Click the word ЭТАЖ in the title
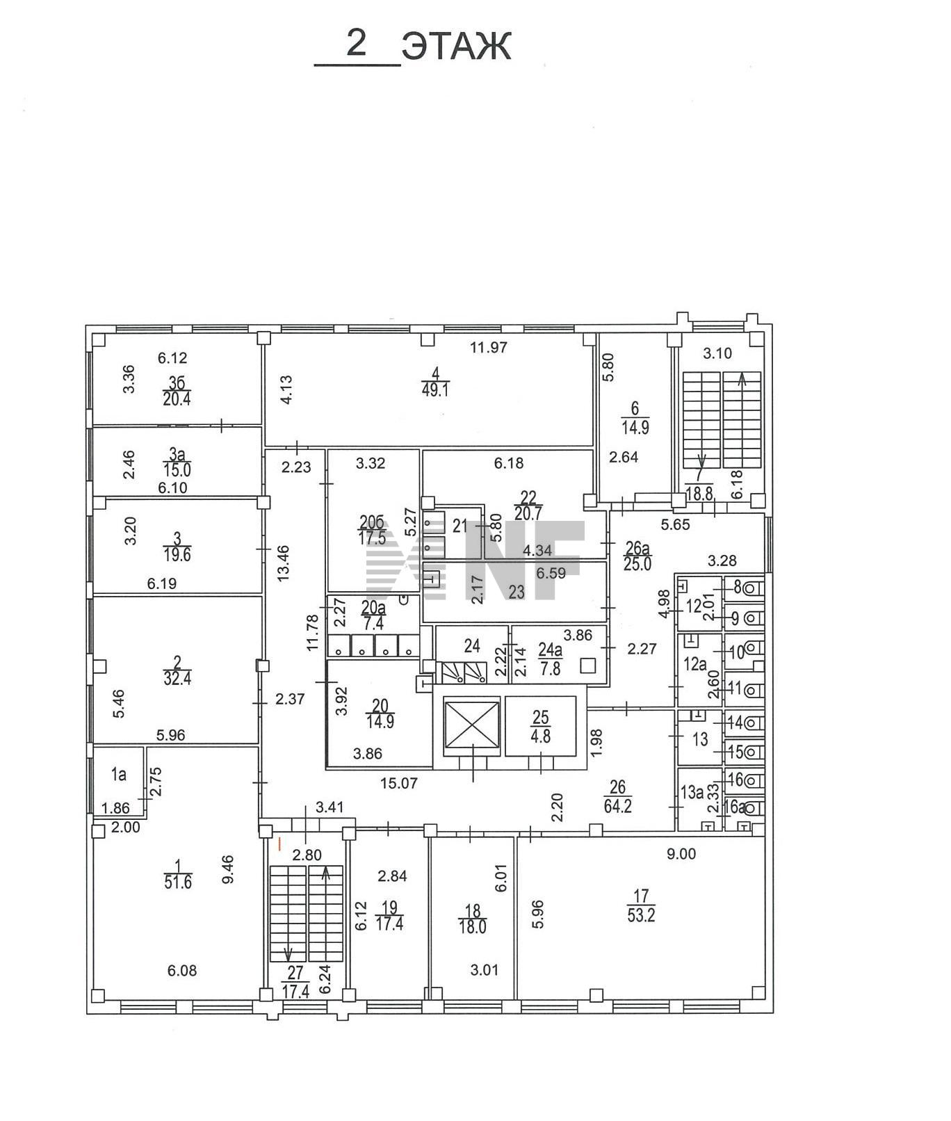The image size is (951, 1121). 457,47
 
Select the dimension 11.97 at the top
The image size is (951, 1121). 489,348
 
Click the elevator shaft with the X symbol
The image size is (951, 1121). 472,726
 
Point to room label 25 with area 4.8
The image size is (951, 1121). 540,716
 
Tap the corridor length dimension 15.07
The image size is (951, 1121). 398,783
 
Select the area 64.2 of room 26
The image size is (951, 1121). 618,807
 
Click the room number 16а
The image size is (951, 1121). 735,807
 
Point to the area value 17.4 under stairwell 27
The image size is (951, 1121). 295,992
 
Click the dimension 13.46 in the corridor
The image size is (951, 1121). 283,563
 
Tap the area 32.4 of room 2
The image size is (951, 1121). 177,679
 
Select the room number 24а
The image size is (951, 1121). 550,649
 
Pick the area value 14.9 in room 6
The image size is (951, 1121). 635,428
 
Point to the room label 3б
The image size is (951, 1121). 177,383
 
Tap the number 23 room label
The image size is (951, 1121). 517,592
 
